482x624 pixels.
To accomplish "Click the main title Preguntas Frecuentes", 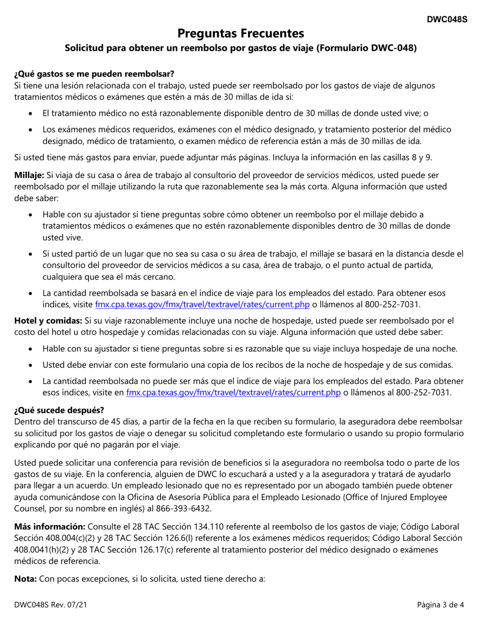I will [241, 33].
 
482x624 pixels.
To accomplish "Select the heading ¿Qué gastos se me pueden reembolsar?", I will [94, 74].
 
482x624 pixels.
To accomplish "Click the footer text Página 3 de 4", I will [439, 605].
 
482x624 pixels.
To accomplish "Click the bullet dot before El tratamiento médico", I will [32, 114].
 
